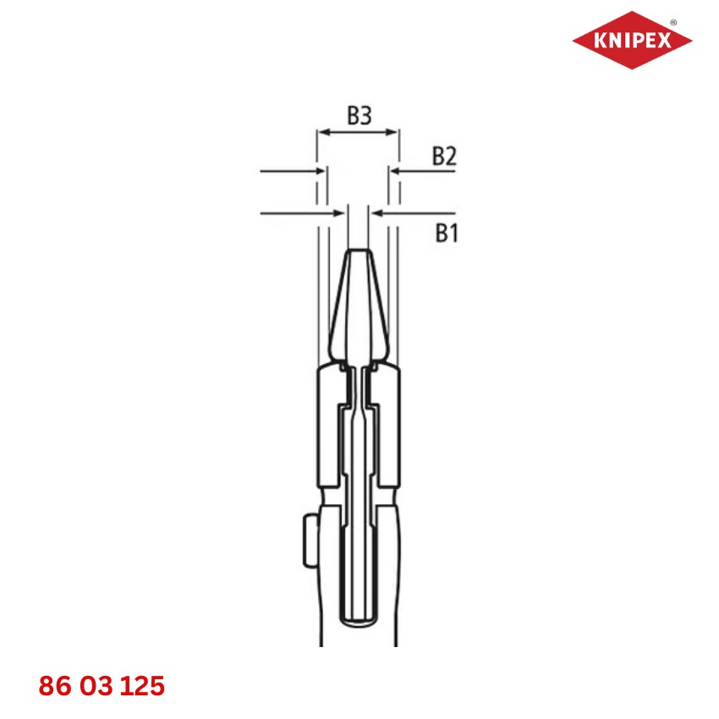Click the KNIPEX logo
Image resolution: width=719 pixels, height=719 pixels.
click(x=632, y=40)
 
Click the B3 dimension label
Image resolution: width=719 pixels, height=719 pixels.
click(x=359, y=117)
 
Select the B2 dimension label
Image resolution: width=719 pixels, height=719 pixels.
click(x=445, y=156)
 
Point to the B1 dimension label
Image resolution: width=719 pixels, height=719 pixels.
click(x=447, y=233)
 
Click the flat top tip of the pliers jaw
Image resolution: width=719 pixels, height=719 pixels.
click(x=359, y=251)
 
